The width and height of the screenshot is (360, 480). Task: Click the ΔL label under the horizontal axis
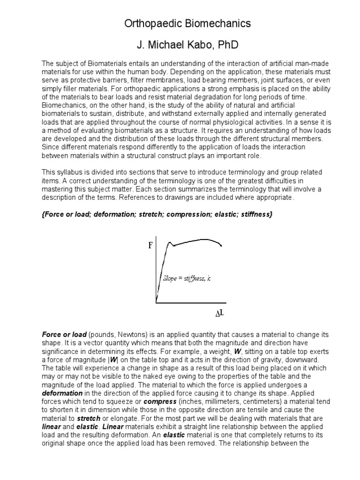[x=219, y=312]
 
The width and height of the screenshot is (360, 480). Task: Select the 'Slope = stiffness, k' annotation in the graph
[x=187, y=278]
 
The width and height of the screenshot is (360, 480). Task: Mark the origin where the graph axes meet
[x=156, y=303]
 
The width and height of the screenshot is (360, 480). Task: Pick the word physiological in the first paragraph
[x=246, y=122]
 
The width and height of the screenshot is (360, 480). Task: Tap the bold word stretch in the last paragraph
[x=89, y=419]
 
